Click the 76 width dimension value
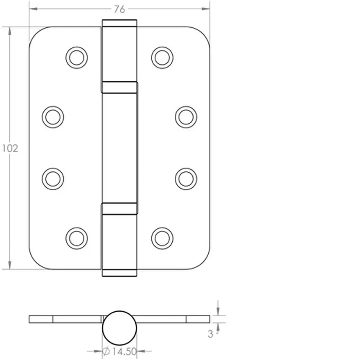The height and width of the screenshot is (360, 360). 119,9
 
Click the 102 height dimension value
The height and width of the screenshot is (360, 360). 10,149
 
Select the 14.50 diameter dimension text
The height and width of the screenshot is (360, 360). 124,351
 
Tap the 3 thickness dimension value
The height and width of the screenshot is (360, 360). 210,334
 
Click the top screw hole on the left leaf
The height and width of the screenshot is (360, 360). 77,58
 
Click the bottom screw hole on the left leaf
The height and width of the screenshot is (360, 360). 77,239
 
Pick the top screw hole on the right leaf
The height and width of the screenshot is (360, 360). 163,58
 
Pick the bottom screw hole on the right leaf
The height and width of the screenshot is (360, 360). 163,239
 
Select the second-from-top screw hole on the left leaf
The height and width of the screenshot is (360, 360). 53,117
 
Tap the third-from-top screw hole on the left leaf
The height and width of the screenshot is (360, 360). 53,179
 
